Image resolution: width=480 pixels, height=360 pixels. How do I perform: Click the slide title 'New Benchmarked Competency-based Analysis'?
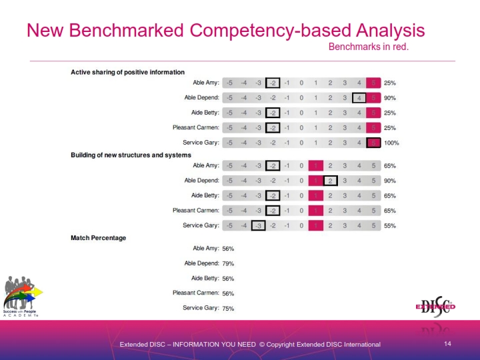[225, 31]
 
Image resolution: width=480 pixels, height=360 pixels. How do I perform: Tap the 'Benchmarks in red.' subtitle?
[368, 47]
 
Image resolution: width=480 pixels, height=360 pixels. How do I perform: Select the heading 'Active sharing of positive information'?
[127, 72]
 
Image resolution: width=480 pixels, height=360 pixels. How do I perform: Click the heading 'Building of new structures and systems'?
[131, 155]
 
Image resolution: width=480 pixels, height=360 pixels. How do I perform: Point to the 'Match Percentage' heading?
[99, 238]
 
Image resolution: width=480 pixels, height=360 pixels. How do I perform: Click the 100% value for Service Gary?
[391, 143]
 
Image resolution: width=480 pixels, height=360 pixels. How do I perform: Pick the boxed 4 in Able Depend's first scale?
[359, 98]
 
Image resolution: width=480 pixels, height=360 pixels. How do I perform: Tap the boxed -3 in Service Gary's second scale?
[258, 225]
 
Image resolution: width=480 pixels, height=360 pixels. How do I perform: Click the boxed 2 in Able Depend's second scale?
[330, 181]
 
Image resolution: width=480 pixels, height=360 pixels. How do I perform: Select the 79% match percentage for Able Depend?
[228, 263]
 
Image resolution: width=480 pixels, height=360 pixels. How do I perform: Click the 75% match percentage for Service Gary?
[228, 308]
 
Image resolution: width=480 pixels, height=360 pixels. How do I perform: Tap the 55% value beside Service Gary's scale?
[390, 225]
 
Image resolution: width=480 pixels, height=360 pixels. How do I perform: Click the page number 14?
[447, 343]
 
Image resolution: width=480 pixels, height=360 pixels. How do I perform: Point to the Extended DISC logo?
[436, 307]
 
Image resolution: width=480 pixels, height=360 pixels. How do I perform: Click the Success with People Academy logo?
[23, 296]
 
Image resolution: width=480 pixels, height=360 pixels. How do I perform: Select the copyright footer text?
[250, 345]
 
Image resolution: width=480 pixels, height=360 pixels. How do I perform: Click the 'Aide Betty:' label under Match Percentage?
[205, 279]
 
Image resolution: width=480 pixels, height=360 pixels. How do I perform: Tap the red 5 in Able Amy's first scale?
[374, 83]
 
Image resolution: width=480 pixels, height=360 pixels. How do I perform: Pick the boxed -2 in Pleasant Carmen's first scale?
[273, 128]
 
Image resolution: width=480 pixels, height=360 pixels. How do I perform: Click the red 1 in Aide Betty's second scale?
[316, 196]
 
